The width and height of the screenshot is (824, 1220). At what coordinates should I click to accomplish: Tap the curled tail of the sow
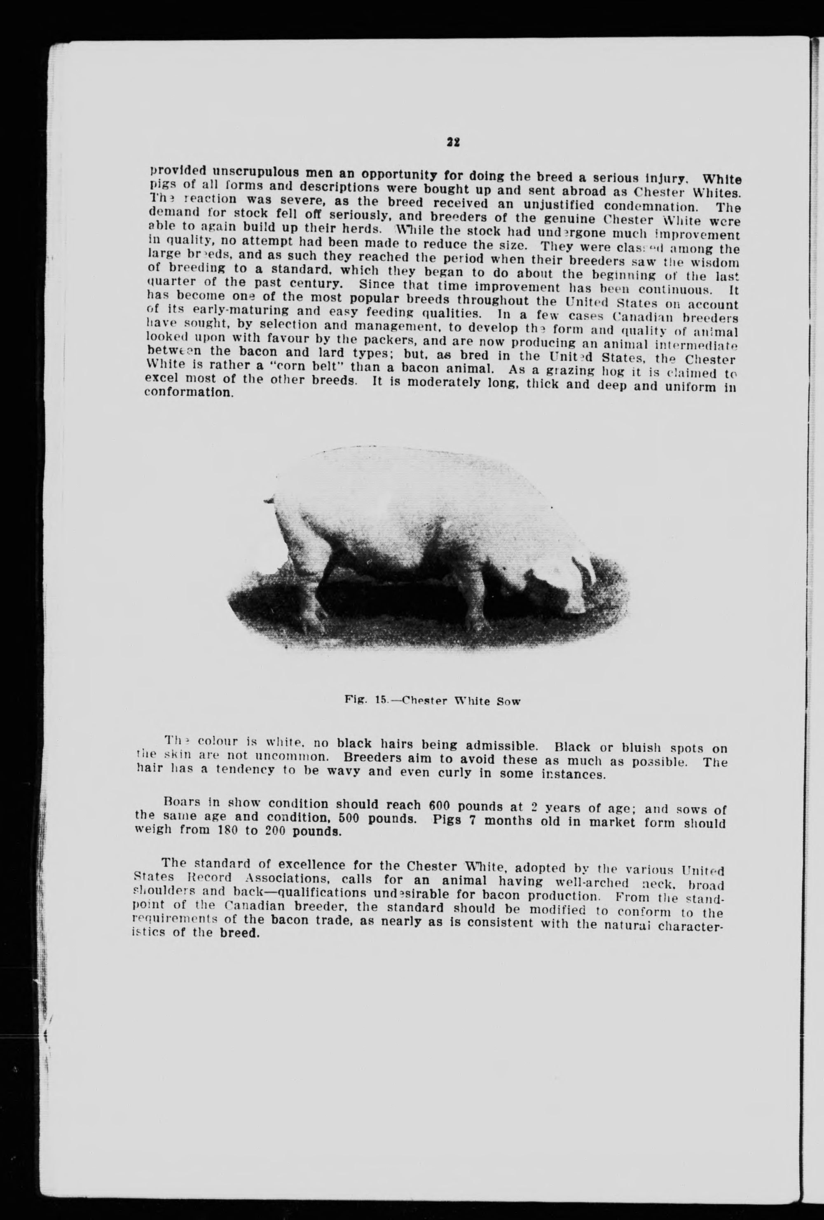pos(270,499)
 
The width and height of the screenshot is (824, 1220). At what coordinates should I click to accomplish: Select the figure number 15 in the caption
pos(381,700)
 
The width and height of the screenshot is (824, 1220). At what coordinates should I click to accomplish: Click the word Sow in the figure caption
pos(508,701)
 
